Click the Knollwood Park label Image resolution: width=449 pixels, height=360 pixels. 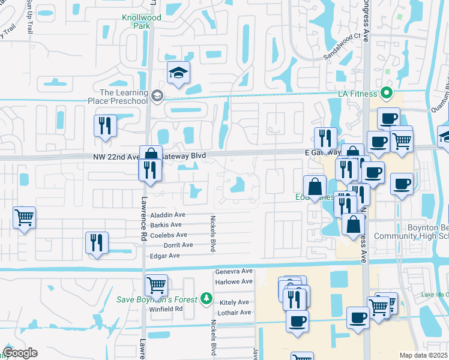(142, 22)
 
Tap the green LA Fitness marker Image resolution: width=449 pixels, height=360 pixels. (387, 93)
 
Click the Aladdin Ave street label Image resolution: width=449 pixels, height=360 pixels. (168, 215)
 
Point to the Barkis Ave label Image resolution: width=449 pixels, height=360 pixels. (166, 225)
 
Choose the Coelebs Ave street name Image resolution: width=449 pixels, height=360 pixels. (169, 235)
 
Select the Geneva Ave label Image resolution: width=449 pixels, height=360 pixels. (234, 271)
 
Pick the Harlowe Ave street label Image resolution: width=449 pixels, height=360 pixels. (234, 281)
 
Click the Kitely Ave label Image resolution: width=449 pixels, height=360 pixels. (234, 302)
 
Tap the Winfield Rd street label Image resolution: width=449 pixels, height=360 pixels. (166, 309)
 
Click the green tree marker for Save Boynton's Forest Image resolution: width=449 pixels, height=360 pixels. (206, 298)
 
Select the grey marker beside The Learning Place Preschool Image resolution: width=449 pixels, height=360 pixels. (157, 95)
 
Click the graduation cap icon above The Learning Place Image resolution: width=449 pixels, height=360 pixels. (178, 73)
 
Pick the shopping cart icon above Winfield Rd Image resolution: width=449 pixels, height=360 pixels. (156, 284)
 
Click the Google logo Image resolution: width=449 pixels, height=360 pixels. (20, 353)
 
